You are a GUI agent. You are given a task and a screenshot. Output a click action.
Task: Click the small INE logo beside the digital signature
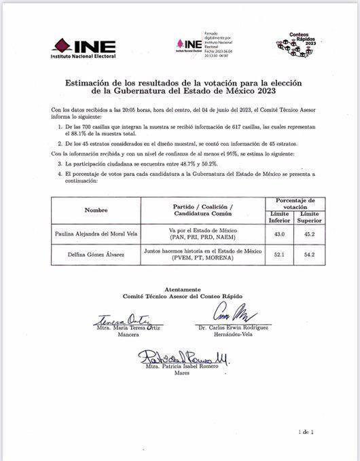point(189,45)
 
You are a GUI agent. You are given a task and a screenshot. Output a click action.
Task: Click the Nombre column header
point(96,211)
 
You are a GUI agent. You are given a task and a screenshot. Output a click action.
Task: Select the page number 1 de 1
point(306,432)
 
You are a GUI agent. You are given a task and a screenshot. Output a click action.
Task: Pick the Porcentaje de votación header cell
point(292,205)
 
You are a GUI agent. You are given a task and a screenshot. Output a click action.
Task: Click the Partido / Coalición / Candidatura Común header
point(203,211)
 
